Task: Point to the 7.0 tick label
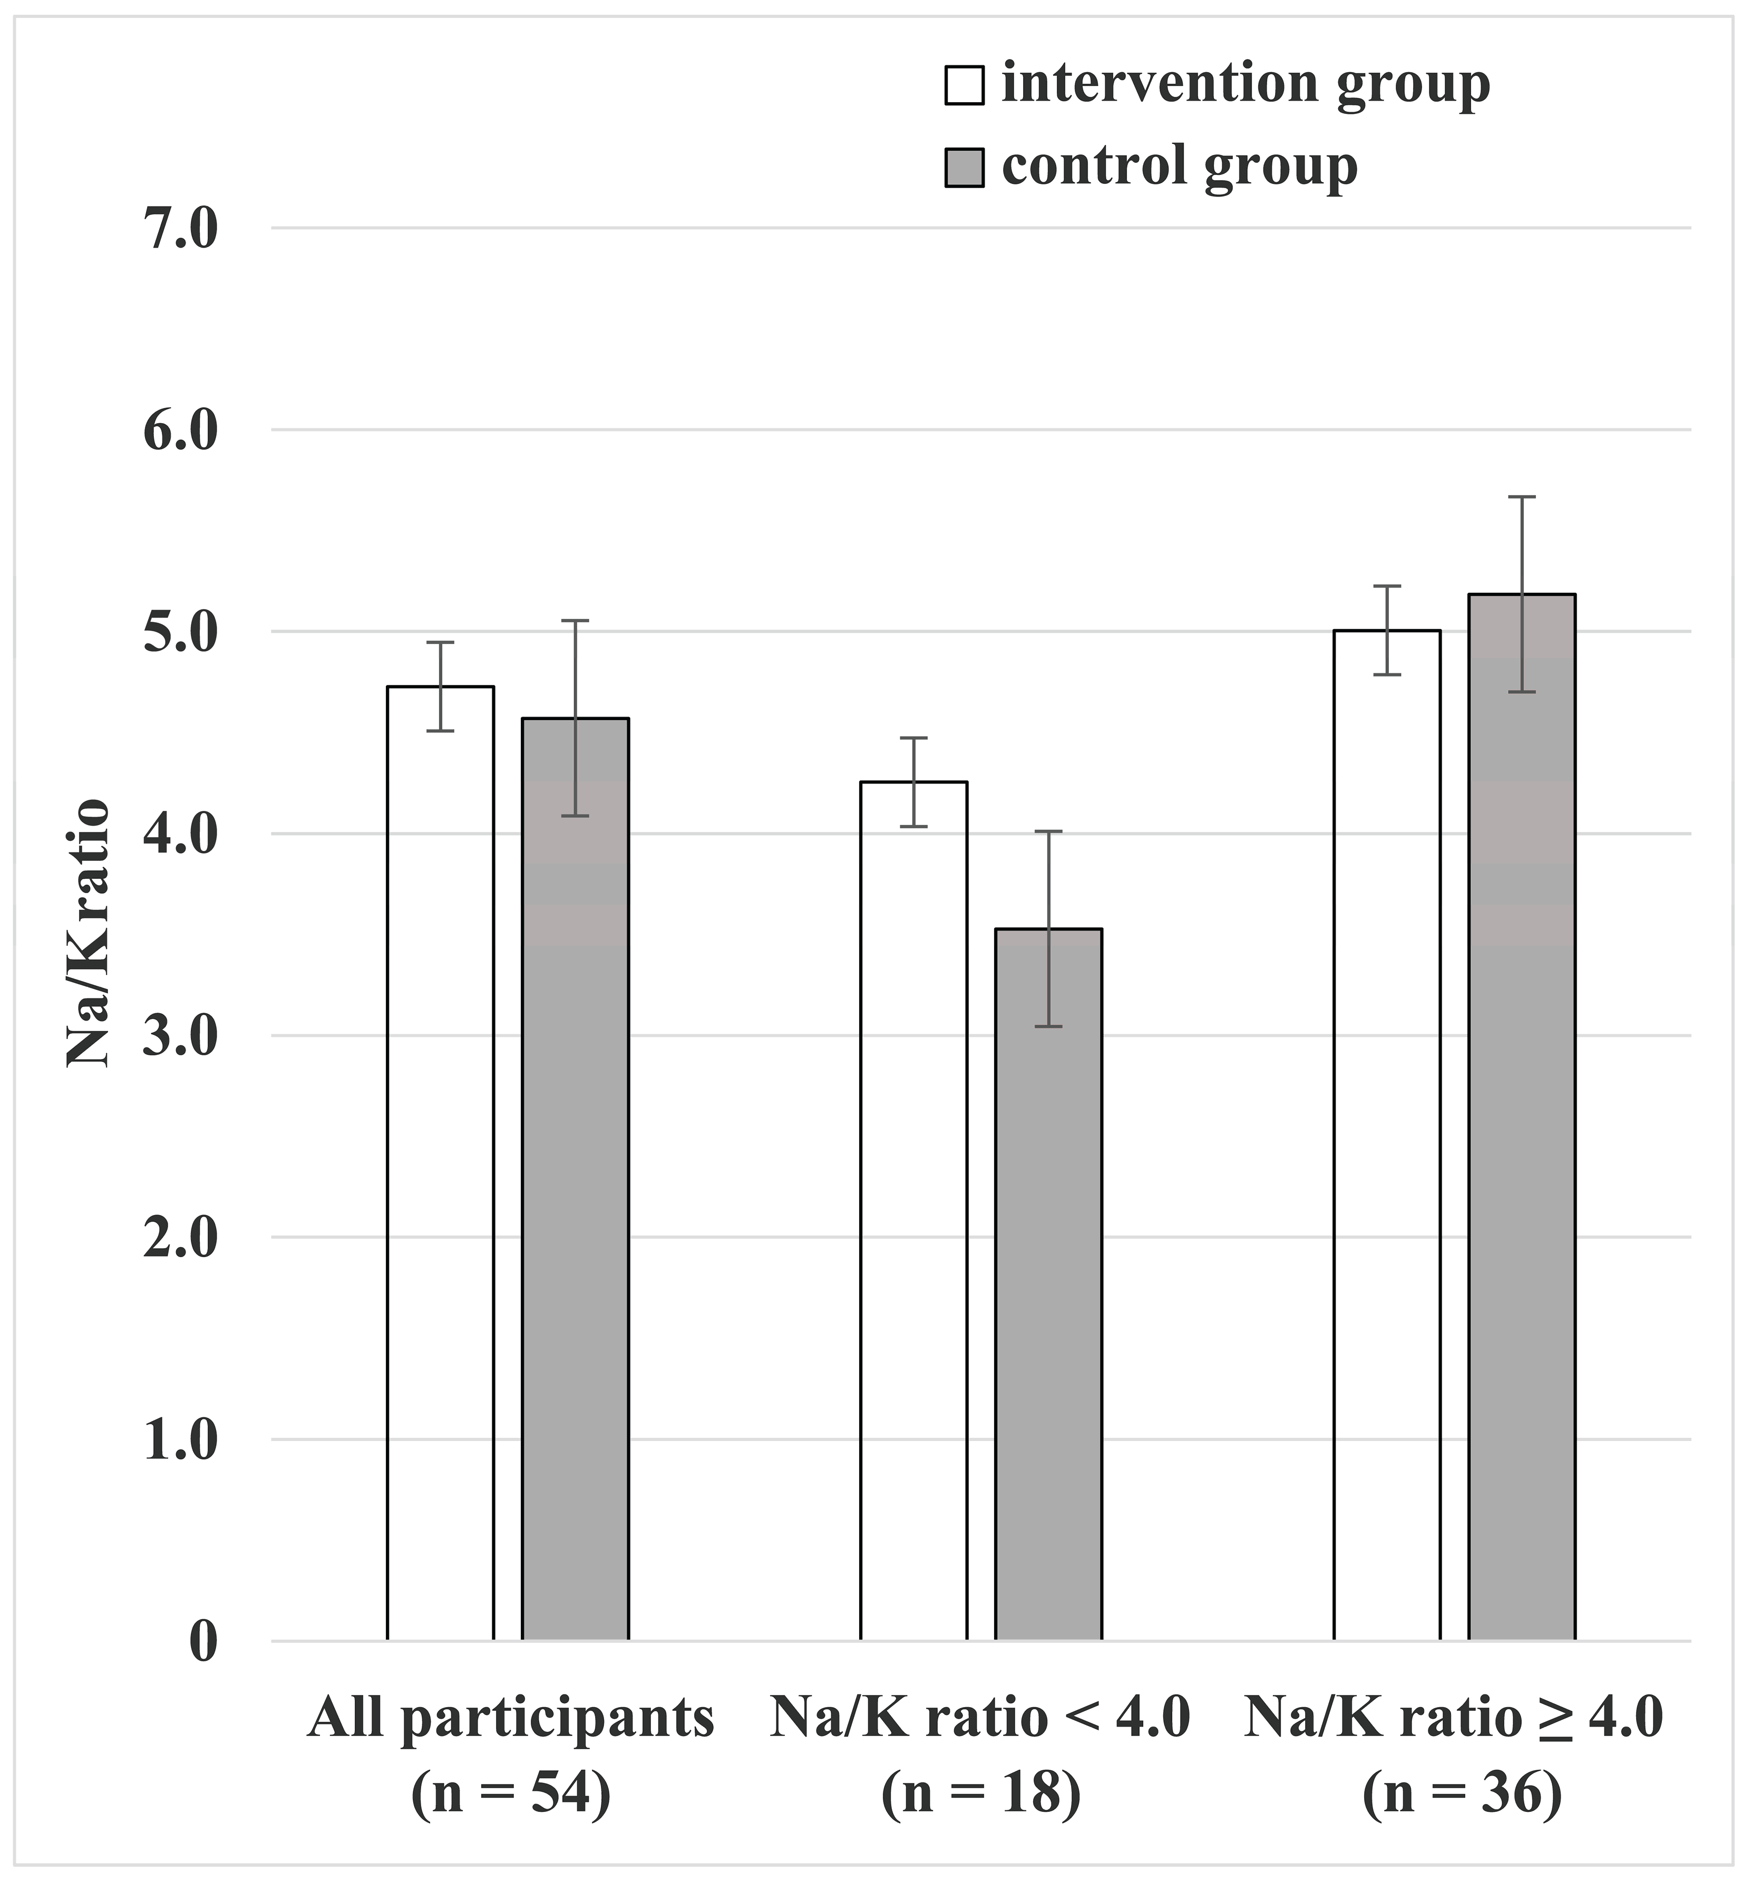pos(180,228)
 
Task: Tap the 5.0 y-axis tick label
pos(180,631)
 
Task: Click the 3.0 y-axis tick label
pos(180,1035)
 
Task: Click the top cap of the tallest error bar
pos(1522,496)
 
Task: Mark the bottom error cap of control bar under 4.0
pos(1048,1026)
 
